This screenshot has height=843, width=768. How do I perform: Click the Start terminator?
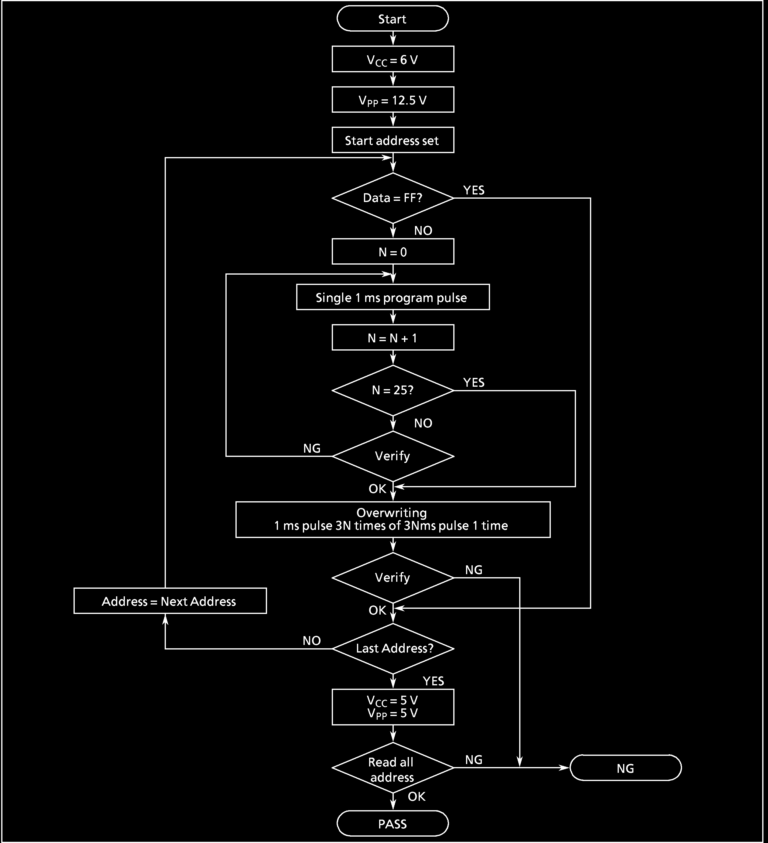pos(392,19)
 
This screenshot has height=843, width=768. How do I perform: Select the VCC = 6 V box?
pos(393,59)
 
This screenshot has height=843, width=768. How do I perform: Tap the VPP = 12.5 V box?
pos(393,100)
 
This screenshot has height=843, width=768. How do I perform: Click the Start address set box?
pos(393,140)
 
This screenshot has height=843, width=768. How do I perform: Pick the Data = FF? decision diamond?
pos(393,198)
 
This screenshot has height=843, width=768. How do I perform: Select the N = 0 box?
pos(393,252)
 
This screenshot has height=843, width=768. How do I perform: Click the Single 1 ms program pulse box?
pos(393,297)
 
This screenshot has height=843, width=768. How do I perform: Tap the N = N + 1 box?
pos(393,338)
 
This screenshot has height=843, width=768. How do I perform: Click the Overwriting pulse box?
pos(393,519)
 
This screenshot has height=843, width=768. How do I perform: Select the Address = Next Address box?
pos(170,601)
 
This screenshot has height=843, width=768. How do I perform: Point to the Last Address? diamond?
pos(393,649)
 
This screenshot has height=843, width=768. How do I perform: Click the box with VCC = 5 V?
pos(393,707)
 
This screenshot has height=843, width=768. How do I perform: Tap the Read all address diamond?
pos(393,768)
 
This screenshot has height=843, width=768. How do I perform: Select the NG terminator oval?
pos(626,768)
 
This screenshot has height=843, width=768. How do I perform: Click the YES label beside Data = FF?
pos(474,190)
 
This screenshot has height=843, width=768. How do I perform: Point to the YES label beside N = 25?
pos(474,382)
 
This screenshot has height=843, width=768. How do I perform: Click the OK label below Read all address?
pos(417,797)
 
